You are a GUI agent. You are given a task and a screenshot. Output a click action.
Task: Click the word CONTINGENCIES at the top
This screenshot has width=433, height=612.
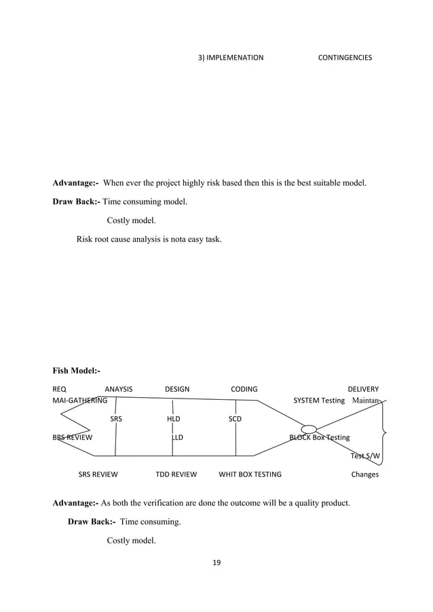[345, 58]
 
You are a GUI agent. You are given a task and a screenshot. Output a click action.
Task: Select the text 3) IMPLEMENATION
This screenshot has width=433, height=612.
[231, 58]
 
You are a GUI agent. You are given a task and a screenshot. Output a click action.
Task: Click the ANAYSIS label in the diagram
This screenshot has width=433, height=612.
[119, 389]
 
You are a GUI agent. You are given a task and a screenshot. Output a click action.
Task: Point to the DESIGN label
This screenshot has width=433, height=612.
[177, 389]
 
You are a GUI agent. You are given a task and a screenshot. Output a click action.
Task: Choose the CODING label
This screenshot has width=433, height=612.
[244, 389]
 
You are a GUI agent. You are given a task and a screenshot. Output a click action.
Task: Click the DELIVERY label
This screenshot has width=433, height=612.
[363, 389]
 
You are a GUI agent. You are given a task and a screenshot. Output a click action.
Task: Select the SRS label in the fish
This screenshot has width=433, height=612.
[116, 419]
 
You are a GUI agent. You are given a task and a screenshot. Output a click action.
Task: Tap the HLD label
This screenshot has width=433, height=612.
[174, 419]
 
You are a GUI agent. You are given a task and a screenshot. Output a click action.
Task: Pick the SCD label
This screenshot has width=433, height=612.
[235, 419]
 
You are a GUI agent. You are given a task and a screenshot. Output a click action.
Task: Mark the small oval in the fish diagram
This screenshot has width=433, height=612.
[309, 428]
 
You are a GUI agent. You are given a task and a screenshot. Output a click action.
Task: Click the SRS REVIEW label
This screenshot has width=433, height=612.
[98, 474]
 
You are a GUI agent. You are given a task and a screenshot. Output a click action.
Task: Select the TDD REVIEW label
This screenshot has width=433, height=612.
[176, 474]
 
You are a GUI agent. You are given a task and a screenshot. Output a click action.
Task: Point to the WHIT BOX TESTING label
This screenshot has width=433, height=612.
[250, 474]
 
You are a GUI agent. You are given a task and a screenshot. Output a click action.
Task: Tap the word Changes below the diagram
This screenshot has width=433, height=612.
[364, 474]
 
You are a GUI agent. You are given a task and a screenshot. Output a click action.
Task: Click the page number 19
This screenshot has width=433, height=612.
[217, 563]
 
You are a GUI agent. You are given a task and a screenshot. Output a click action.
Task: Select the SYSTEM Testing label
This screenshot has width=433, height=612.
[319, 400]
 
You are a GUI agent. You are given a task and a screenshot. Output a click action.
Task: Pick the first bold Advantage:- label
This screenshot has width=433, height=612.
[75, 183]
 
